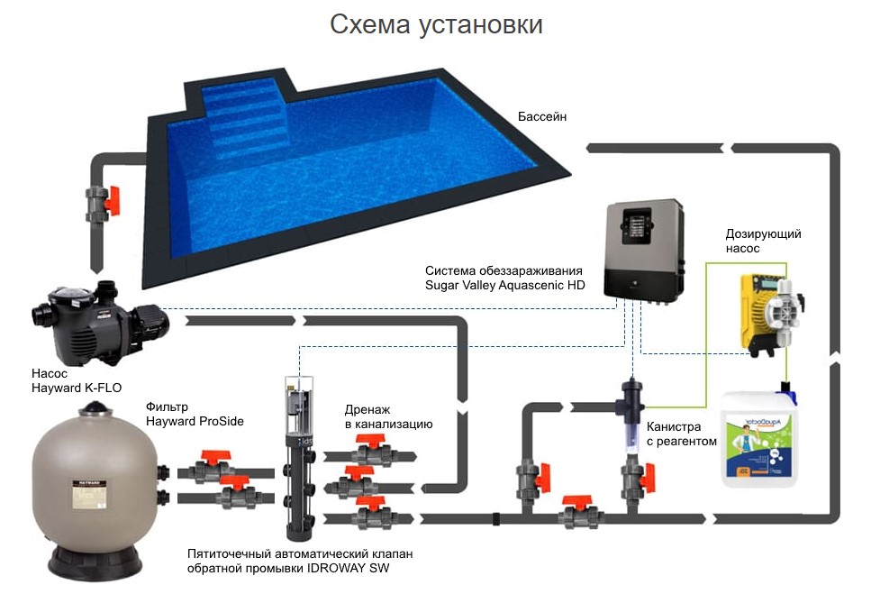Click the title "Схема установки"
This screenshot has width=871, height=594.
436,24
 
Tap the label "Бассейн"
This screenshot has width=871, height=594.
542,117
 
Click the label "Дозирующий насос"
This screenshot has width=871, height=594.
763,241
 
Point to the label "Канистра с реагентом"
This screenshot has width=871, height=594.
682,434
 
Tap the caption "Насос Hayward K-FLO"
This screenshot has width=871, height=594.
77,379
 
